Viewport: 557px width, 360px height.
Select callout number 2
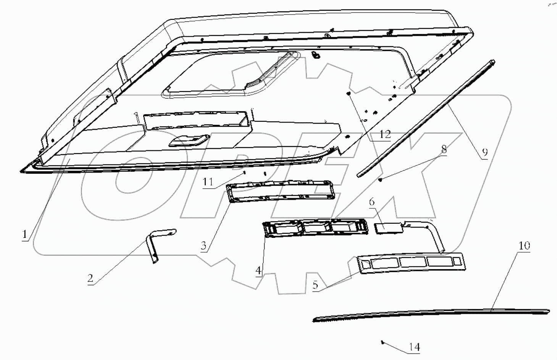click(90, 278)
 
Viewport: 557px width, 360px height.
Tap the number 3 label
click(204, 245)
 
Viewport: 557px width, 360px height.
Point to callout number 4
click(258, 271)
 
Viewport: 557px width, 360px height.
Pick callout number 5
click(315, 286)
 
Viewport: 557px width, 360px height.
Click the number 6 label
click(372, 202)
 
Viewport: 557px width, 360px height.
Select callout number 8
click(444, 149)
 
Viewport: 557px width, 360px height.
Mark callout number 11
click(208, 181)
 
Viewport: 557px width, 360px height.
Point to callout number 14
click(414, 347)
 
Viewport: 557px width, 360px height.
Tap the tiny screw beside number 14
click(382, 342)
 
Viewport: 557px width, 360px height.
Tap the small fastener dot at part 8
click(381, 179)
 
